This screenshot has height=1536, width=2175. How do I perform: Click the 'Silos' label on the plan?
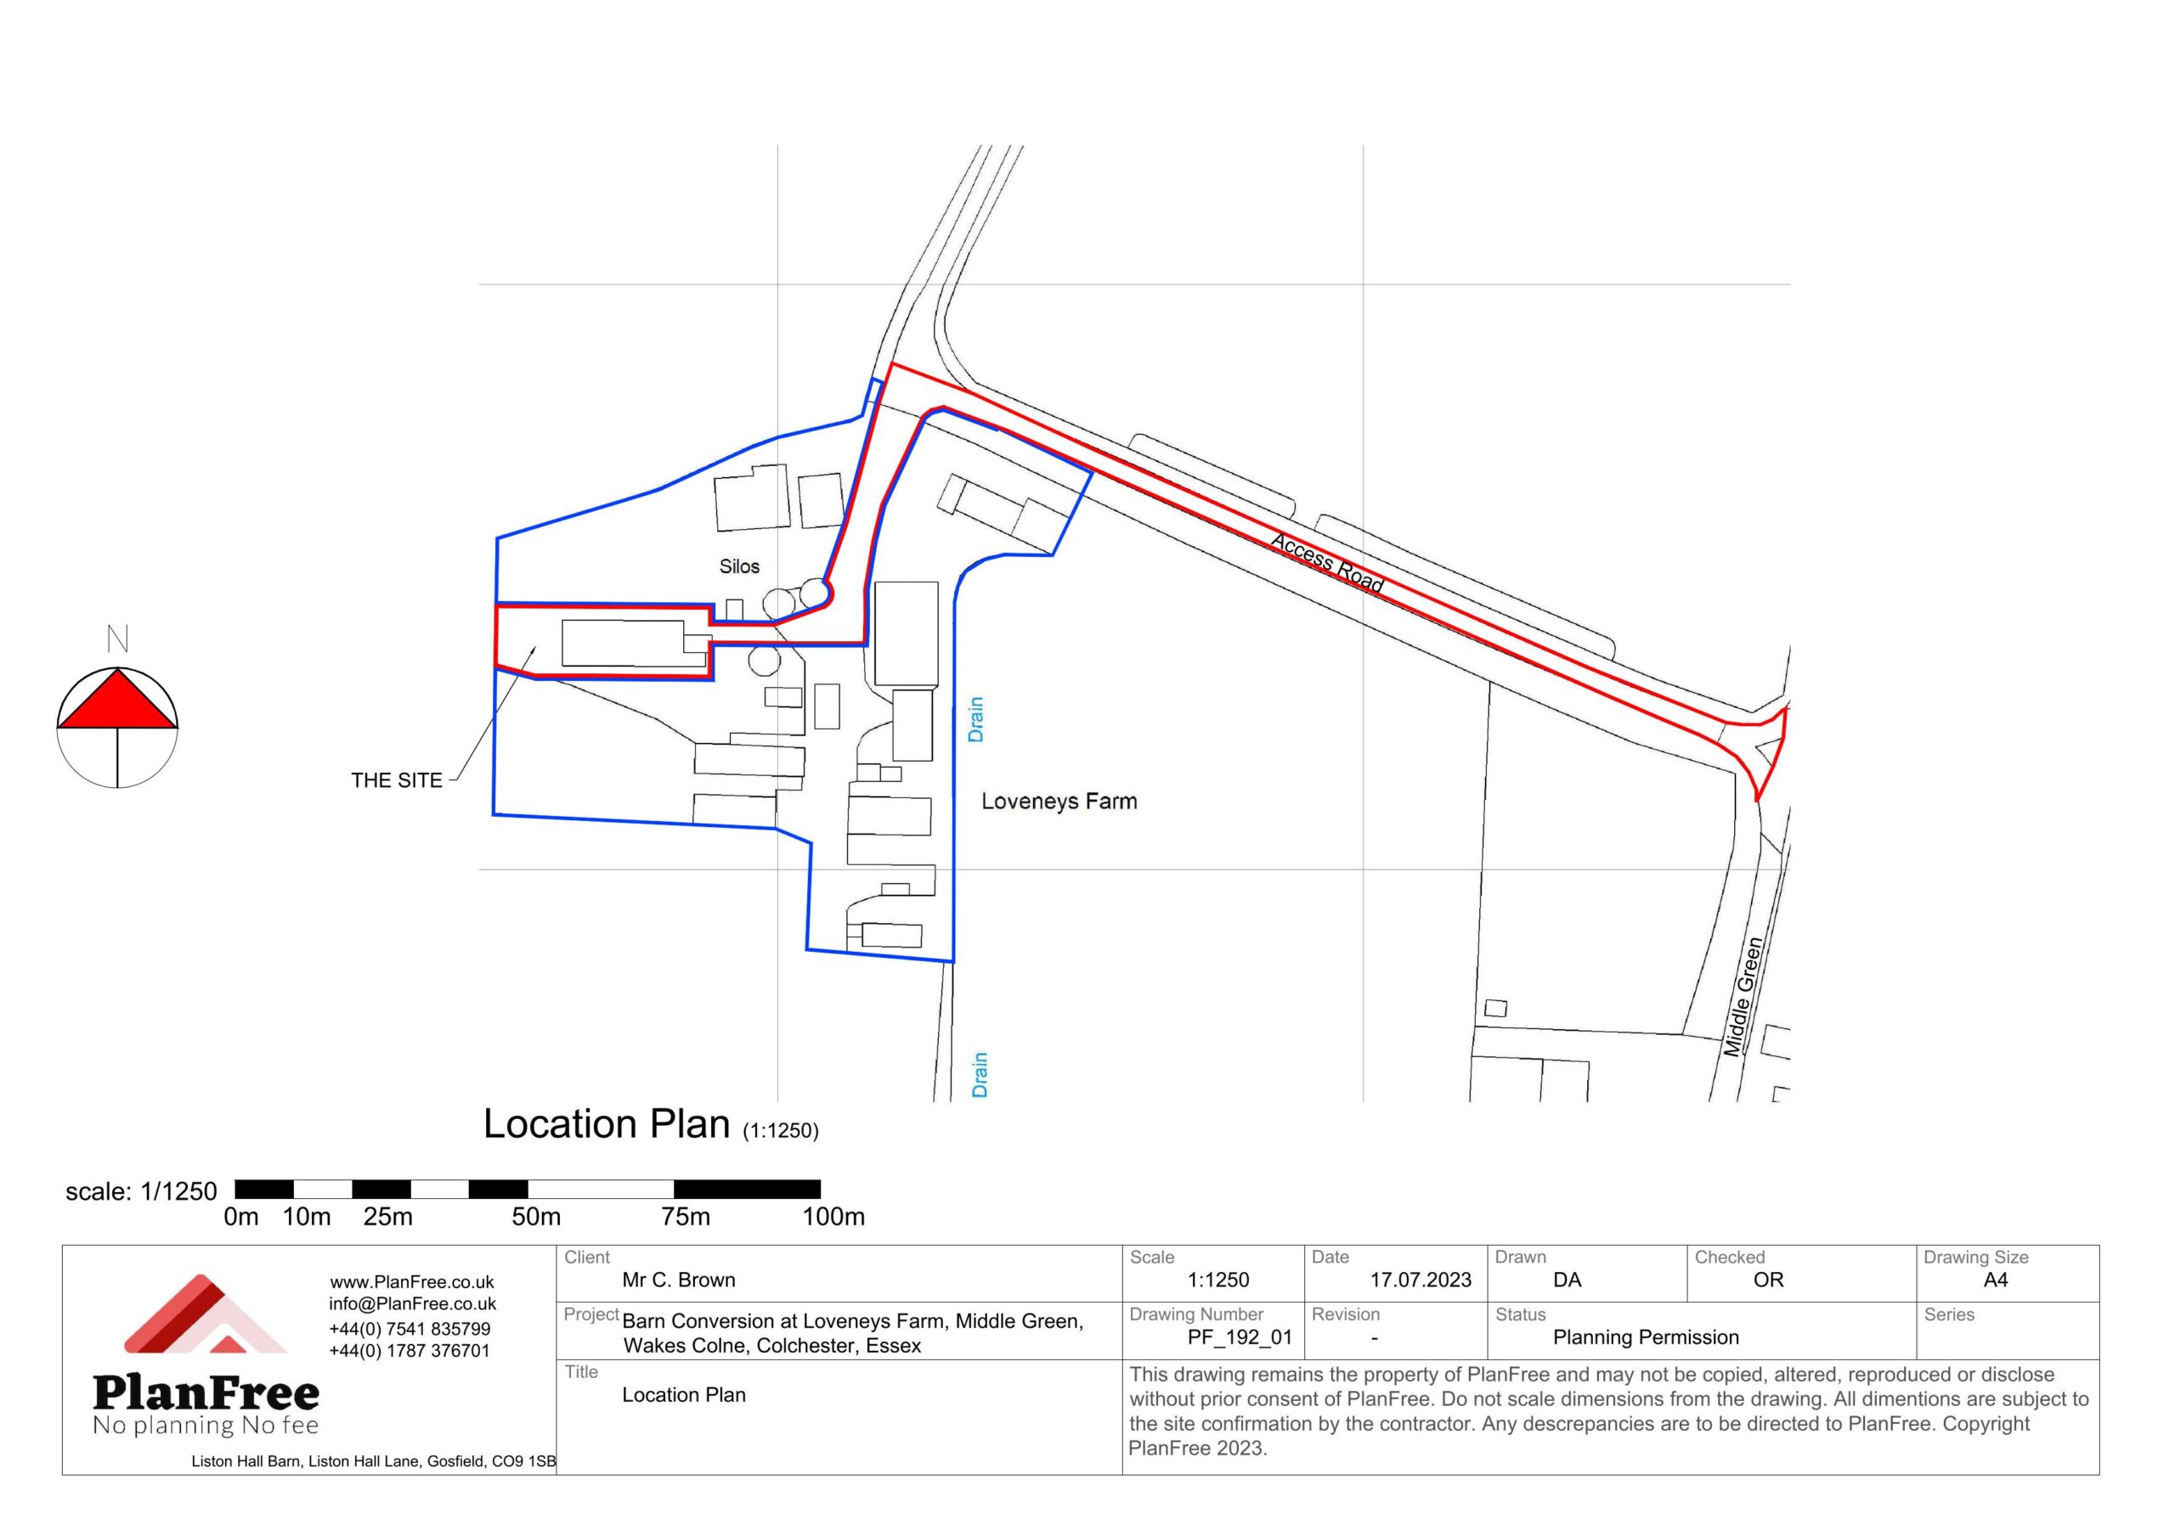click(739, 566)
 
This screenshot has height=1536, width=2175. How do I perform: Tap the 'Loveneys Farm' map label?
click(1059, 802)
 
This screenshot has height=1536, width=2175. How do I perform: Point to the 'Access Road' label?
click(1327, 562)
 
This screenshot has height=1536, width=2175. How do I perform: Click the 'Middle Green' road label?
click(1743, 997)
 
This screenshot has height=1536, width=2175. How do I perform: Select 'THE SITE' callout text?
click(397, 780)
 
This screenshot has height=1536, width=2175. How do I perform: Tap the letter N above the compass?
click(117, 639)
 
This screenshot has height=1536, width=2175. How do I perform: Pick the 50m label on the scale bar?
click(536, 1217)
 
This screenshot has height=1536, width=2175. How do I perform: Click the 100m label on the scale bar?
click(833, 1217)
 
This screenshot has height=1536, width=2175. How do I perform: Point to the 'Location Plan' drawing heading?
click(607, 1124)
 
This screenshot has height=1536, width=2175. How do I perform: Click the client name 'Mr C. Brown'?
click(678, 1280)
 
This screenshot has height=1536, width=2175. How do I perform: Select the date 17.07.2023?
click(1421, 1280)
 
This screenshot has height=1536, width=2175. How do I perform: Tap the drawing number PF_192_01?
click(1240, 1338)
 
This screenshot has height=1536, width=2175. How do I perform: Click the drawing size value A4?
click(1996, 1280)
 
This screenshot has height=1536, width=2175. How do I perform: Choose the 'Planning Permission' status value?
click(1647, 1337)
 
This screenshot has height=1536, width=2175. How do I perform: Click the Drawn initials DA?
click(1568, 1280)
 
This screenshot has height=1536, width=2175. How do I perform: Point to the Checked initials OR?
click(1769, 1280)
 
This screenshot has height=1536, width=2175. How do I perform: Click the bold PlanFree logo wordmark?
click(206, 1393)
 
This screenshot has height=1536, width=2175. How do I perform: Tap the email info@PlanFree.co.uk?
click(412, 1304)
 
